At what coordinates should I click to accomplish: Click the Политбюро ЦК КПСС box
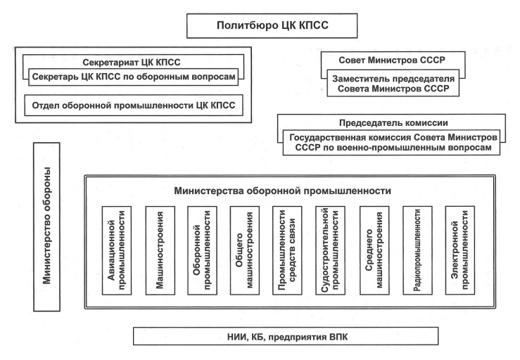[272, 25]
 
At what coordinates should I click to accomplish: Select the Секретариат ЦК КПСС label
[132, 63]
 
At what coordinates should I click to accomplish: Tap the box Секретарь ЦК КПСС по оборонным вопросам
[133, 77]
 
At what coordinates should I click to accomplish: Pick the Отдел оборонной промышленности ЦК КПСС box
[134, 105]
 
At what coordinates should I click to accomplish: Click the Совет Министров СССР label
[392, 60]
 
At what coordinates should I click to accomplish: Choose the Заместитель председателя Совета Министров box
[393, 83]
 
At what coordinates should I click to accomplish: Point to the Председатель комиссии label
[393, 123]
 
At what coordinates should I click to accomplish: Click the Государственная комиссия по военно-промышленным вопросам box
[392, 143]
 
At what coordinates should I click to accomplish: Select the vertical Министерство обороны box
[46, 226]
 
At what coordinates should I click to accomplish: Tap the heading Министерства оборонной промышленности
[283, 191]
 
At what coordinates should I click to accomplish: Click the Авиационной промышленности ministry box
[117, 250]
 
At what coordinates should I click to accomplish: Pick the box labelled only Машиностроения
[160, 250]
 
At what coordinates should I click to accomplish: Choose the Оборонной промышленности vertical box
[202, 250]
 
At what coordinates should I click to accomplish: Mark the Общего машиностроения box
[245, 250]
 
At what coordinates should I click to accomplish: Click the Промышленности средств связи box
[287, 250]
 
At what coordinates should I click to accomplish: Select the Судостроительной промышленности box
[330, 250]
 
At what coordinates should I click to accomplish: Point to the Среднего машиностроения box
[374, 250]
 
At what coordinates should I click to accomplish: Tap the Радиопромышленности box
[417, 250]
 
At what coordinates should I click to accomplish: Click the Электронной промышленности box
[460, 250]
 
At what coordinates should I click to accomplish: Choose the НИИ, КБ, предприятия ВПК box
[286, 337]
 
